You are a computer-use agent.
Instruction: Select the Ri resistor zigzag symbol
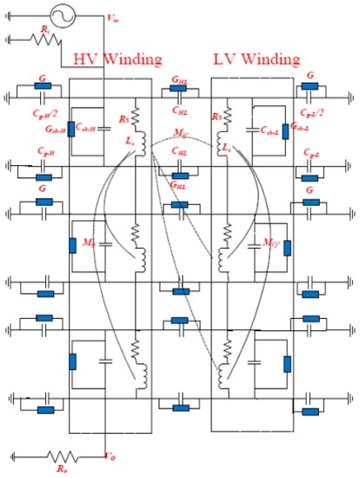[40, 39]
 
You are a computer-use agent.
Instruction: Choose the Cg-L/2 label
[311, 112]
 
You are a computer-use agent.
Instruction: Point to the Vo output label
[110, 455]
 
